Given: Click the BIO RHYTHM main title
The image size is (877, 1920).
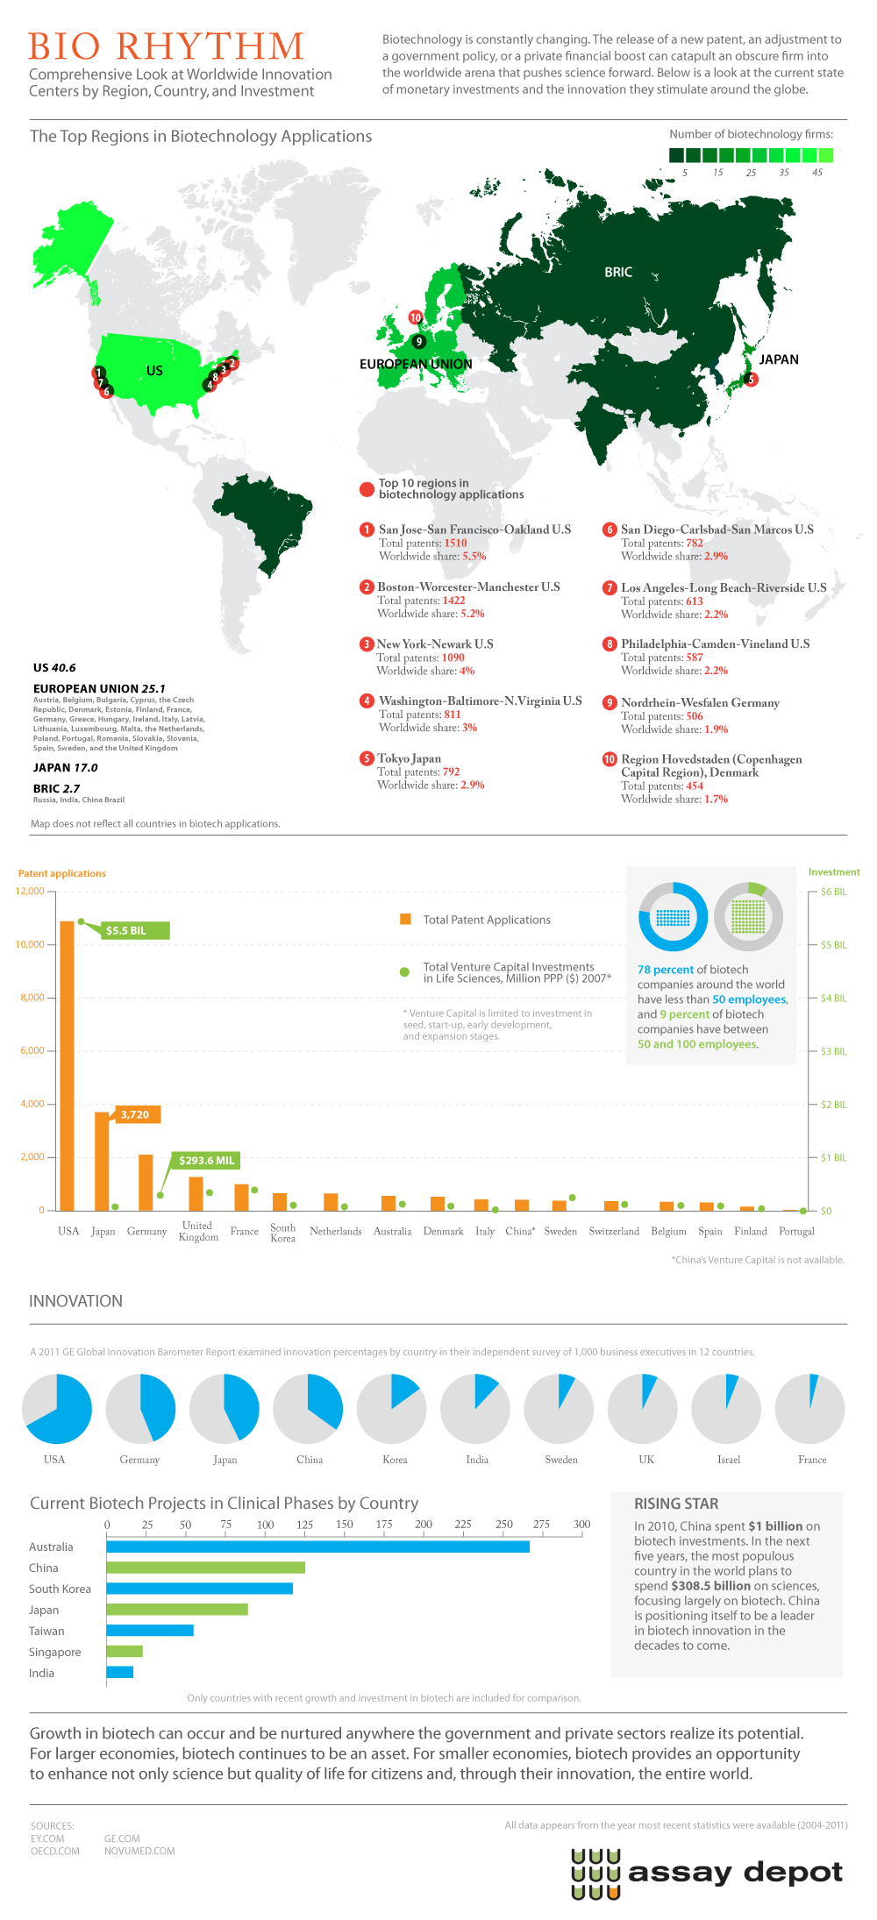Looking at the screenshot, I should pos(166,46).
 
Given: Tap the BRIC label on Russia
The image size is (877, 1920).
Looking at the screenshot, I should pos(618,273).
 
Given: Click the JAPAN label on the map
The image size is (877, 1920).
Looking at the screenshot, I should pos(779,359).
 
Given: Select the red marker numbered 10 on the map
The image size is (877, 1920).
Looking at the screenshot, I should pos(416,317).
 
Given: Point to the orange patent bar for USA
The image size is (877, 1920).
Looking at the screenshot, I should pos(67,1065).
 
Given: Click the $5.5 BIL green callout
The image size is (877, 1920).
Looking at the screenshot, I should pos(131,930).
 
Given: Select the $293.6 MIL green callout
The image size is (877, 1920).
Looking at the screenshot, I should pos(206,1160).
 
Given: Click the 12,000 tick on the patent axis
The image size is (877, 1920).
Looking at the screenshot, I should pos(30,891).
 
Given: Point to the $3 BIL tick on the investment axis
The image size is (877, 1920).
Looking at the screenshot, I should pos(833,1051).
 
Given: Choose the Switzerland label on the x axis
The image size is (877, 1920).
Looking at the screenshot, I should pos(614,1231).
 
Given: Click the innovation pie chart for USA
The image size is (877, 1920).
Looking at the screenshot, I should pos(56,1409).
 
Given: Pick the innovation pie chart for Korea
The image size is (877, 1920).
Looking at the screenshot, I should pos(392,1409).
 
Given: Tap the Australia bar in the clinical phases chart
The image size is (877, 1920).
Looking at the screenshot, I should pos(317,1547).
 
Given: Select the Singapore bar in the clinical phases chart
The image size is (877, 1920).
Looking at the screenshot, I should pos(125,1652).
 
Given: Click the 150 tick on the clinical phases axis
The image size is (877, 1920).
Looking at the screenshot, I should pos(345,1525).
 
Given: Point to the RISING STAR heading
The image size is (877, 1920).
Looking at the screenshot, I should pos(676,1504).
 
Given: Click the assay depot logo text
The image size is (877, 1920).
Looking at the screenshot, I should pos(735,1874).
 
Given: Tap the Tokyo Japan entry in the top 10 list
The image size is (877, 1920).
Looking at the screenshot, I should pos(410,758).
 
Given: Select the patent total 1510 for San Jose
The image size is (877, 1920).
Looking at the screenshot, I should pos(455,544).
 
